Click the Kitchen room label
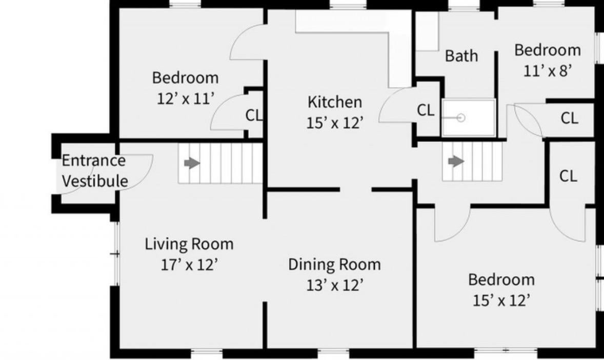point(335,102)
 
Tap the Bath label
point(461,56)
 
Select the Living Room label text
point(189,244)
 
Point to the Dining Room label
point(335,265)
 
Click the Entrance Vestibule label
point(94,170)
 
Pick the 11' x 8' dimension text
point(547,71)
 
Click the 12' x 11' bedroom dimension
point(185,98)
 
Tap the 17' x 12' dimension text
point(189,265)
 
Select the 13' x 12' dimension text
point(335,285)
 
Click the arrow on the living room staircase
point(192,163)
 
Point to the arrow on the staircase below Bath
point(456,161)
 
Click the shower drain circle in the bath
point(461,118)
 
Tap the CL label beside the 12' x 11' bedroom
point(254,115)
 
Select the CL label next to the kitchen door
point(426,111)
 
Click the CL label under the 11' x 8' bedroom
point(569,118)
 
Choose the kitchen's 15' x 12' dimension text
point(335,123)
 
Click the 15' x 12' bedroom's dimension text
point(501,301)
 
